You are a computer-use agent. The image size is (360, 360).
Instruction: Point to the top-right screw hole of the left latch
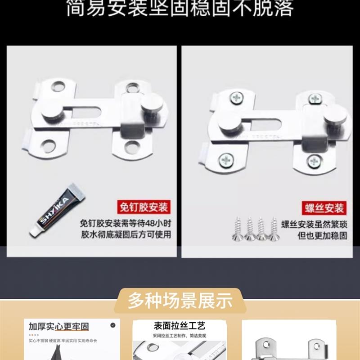click(x=132, y=86)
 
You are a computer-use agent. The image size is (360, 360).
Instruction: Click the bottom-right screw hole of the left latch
click(x=132, y=146)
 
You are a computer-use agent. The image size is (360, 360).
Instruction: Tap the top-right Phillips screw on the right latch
click(x=315, y=98)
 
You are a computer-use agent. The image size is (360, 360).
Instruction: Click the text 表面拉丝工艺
click(x=173, y=325)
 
